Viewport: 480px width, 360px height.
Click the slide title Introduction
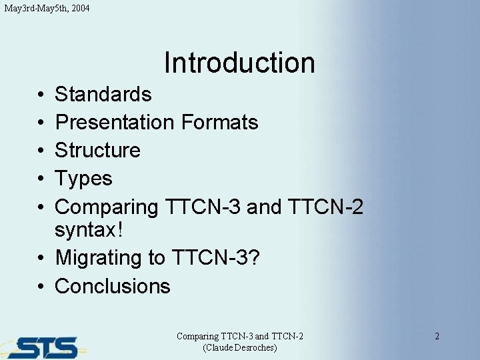[239, 63]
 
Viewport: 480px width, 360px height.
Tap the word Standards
[103, 95]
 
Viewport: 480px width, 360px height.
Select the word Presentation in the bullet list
[113, 123]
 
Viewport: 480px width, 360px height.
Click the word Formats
[219, 123]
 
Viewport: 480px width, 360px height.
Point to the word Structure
[97, 151]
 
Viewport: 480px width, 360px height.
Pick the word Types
[83, 179]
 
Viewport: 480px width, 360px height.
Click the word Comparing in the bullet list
[106, 207]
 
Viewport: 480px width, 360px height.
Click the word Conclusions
[113, 286]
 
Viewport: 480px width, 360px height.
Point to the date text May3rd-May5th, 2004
[47, 9]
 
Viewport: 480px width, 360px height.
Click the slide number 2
[437, 336]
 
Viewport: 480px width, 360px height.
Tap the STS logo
[43, 347]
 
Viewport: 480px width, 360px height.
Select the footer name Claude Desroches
[239, 348]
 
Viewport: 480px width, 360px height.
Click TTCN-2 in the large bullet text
[327, 207]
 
